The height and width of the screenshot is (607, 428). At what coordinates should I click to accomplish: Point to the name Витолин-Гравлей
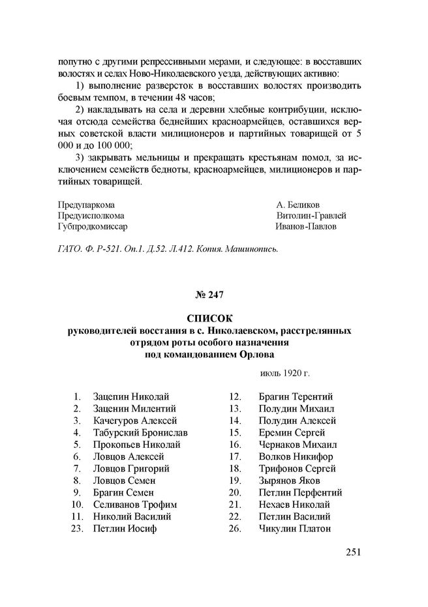pyautogui.click(x=311, y=215)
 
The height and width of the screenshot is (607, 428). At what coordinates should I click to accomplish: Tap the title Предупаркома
pyautogui.click(x=86, y=204)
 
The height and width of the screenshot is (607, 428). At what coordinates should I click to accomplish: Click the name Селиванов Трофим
pyautogui.click(x=135, y=505)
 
